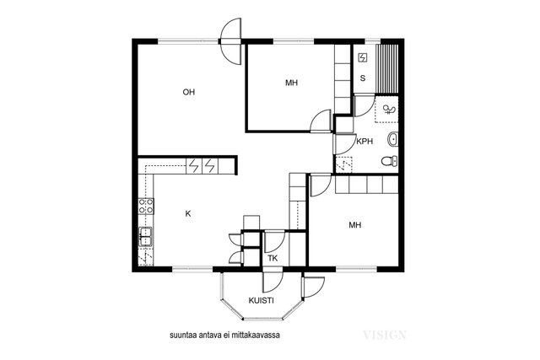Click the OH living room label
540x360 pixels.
pos(189,92)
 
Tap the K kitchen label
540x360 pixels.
pos(188,214)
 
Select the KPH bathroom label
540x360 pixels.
pos(364,141)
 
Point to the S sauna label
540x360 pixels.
pos(363,78)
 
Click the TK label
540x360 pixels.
pos(273,258)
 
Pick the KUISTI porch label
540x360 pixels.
pos(261,300)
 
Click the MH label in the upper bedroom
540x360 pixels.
pos(291,83)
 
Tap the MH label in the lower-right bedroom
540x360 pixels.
pos(355,225)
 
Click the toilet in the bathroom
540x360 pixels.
pos(390,161)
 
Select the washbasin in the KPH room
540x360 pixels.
pos(393,139)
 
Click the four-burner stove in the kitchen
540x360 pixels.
pos(146,206)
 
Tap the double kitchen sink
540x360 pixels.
pos(146,236)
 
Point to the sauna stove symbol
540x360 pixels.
pos(363,57)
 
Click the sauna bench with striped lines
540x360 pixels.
pos(387,68)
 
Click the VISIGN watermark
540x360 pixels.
pos(385,335)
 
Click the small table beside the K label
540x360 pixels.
pos(251,223)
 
